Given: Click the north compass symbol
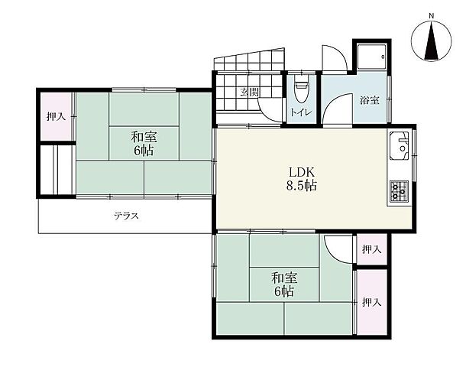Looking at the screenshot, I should point(431,41).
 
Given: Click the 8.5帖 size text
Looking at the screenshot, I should point(303,186).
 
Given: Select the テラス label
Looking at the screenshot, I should point(126,216).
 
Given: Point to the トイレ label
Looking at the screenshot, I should point(299,112).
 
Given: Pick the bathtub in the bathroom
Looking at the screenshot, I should point(370,57).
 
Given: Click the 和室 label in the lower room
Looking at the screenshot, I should point(282,278).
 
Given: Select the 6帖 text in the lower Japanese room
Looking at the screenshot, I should point(282,292).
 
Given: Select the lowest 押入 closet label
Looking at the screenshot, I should point(371,303).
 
